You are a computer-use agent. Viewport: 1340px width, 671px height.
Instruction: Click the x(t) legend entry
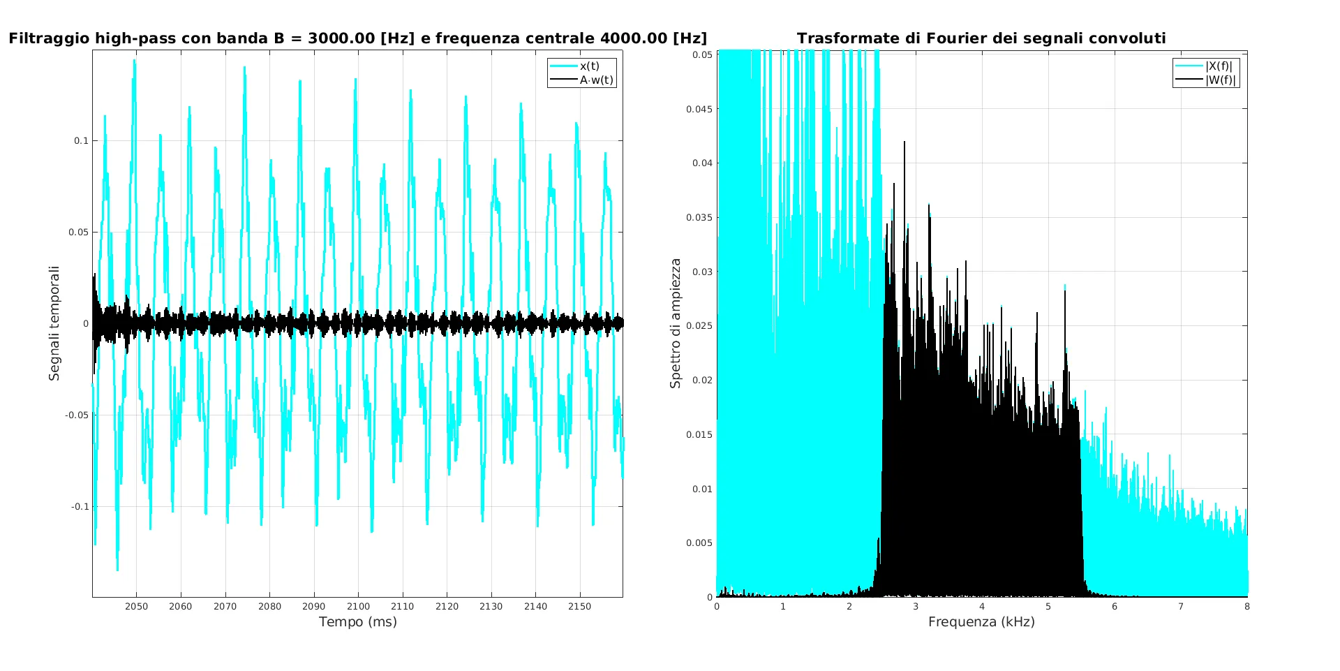coord(589,66)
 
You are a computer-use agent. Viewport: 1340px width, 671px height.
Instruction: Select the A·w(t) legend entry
coord(596,80)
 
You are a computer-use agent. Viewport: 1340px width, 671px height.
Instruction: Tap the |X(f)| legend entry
coord(1219,66)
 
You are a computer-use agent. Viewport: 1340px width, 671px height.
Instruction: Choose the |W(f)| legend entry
coord(1220,80)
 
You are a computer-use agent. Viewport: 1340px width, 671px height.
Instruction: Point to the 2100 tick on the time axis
coord(358,607)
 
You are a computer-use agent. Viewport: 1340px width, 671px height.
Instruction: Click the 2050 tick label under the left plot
coord(136,607)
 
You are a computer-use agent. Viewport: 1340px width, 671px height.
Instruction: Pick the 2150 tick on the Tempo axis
coord(579,607)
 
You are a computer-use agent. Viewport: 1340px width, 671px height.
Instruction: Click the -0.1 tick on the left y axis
coord(80,507)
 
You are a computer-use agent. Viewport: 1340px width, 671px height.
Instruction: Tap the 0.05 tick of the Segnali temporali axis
coord(79,233)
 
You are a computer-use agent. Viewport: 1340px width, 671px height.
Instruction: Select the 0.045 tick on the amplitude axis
coord(699,109)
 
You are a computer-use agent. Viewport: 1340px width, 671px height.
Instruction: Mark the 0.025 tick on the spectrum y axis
coord(699,326)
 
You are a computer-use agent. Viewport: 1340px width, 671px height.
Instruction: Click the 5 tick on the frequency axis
coord(1048,607)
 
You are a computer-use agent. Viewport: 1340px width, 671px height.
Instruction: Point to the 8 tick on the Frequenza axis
coord(1247,607)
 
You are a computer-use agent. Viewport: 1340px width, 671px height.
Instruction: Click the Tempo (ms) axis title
coord(357,622)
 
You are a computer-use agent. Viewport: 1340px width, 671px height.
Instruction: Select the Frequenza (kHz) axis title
coord(981,622)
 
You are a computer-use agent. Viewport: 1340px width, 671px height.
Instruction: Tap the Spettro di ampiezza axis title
coord(675,323)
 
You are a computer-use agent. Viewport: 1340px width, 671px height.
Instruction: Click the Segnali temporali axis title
coord(54,323)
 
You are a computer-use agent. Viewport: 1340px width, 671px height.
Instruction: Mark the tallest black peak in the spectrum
coord(904,142)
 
